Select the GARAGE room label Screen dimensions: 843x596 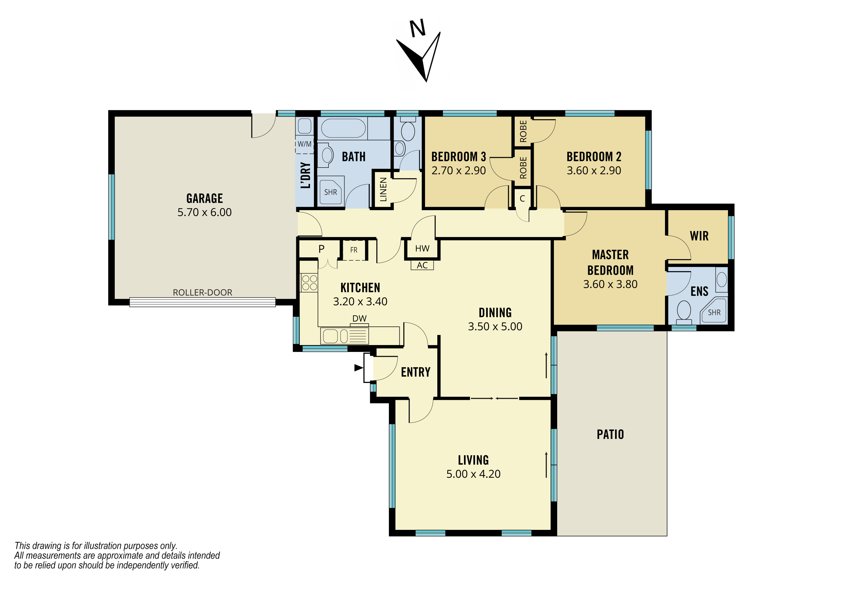tap(204, 198)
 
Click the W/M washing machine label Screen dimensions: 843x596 tap(304, 144)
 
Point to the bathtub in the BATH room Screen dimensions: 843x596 tap(343, 128)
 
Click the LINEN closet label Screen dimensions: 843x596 tap(383, 190)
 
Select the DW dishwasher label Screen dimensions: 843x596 tap(359, 318)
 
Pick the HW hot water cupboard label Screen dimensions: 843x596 tap(422, 249)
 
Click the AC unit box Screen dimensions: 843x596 tap(422, 265)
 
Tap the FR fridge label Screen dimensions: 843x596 tap(354, 250)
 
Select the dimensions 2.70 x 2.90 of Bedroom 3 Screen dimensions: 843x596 tap(458, 170)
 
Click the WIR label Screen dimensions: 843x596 tap(699, 236)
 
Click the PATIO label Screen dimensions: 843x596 tap(610, 434)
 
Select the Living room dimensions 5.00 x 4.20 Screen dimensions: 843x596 tap(473, 474)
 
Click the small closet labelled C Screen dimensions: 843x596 tap(522, 199)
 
